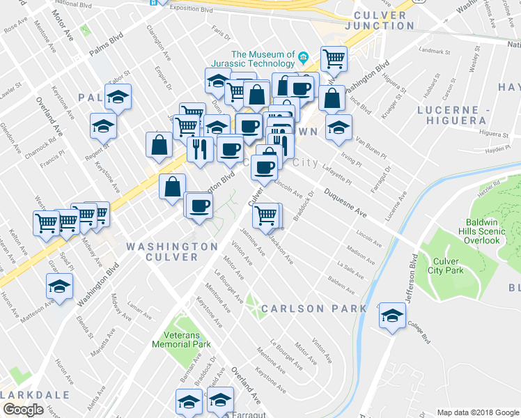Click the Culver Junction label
380,20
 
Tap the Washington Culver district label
172,251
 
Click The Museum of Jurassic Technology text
263,60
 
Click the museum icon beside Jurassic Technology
304,56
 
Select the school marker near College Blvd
393,315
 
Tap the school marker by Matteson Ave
60,286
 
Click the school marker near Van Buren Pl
339,127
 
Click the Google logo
23,410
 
